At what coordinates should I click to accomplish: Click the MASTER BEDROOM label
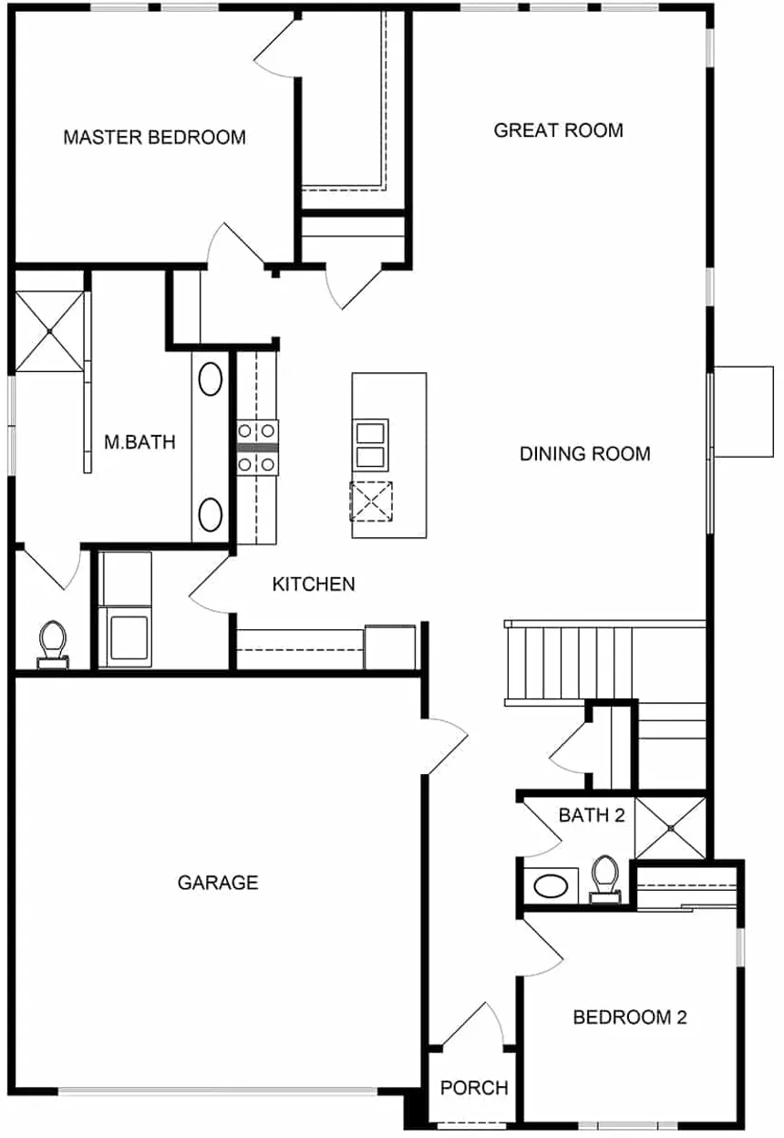click(x=154, y=138)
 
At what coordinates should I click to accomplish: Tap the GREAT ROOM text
click(x=558, y=130)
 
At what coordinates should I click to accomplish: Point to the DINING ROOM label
click(x=584, y=453)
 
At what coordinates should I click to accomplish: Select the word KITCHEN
click(x=314, y=584)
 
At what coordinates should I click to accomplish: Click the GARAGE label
click(x=218, y=883)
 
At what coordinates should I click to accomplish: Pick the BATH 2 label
click(x=591, y=815)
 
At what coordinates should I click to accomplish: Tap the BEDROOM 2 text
click(x=629, y=1017)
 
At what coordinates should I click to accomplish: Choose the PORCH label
click(x=474, y=1088)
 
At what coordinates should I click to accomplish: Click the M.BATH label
click(x=139, y=442)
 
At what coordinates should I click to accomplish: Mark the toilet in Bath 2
click(x=603, y=879)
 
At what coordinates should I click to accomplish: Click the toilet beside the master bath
click(x=53, y=642)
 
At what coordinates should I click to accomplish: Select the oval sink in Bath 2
click(x=551, y=885)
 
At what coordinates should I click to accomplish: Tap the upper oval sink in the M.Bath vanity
click(x=211, y=378)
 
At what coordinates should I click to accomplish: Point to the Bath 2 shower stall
click(x=670, y=828)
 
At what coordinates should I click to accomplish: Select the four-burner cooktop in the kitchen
click(x=258, y=448)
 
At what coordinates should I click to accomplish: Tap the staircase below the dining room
click(x=570, y=661)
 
